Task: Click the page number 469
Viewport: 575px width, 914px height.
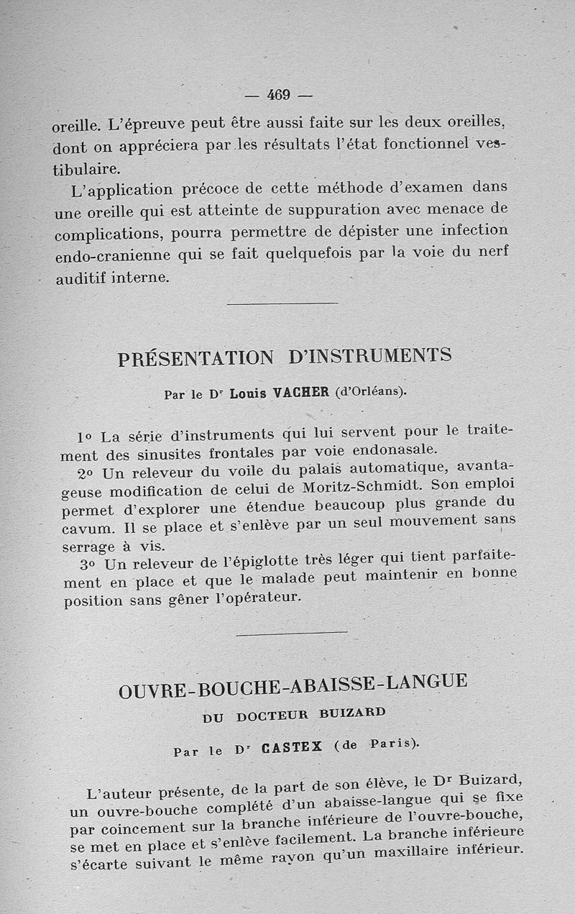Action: pyautogui.click(x=277, y=94)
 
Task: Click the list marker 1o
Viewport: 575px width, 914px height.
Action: pyautogui.click(x=85, y=437)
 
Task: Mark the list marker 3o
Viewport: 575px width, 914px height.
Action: pyautogui.click(x=88, y=565)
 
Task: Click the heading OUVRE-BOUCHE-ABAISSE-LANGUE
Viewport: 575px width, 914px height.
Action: pyautogui.click(x=293, y=685)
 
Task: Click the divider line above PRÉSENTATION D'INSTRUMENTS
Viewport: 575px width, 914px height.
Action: pyautogui.click(x=282, y=303)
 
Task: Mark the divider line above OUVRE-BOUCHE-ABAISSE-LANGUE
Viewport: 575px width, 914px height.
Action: pyautogui.click(x=291, y=633)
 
